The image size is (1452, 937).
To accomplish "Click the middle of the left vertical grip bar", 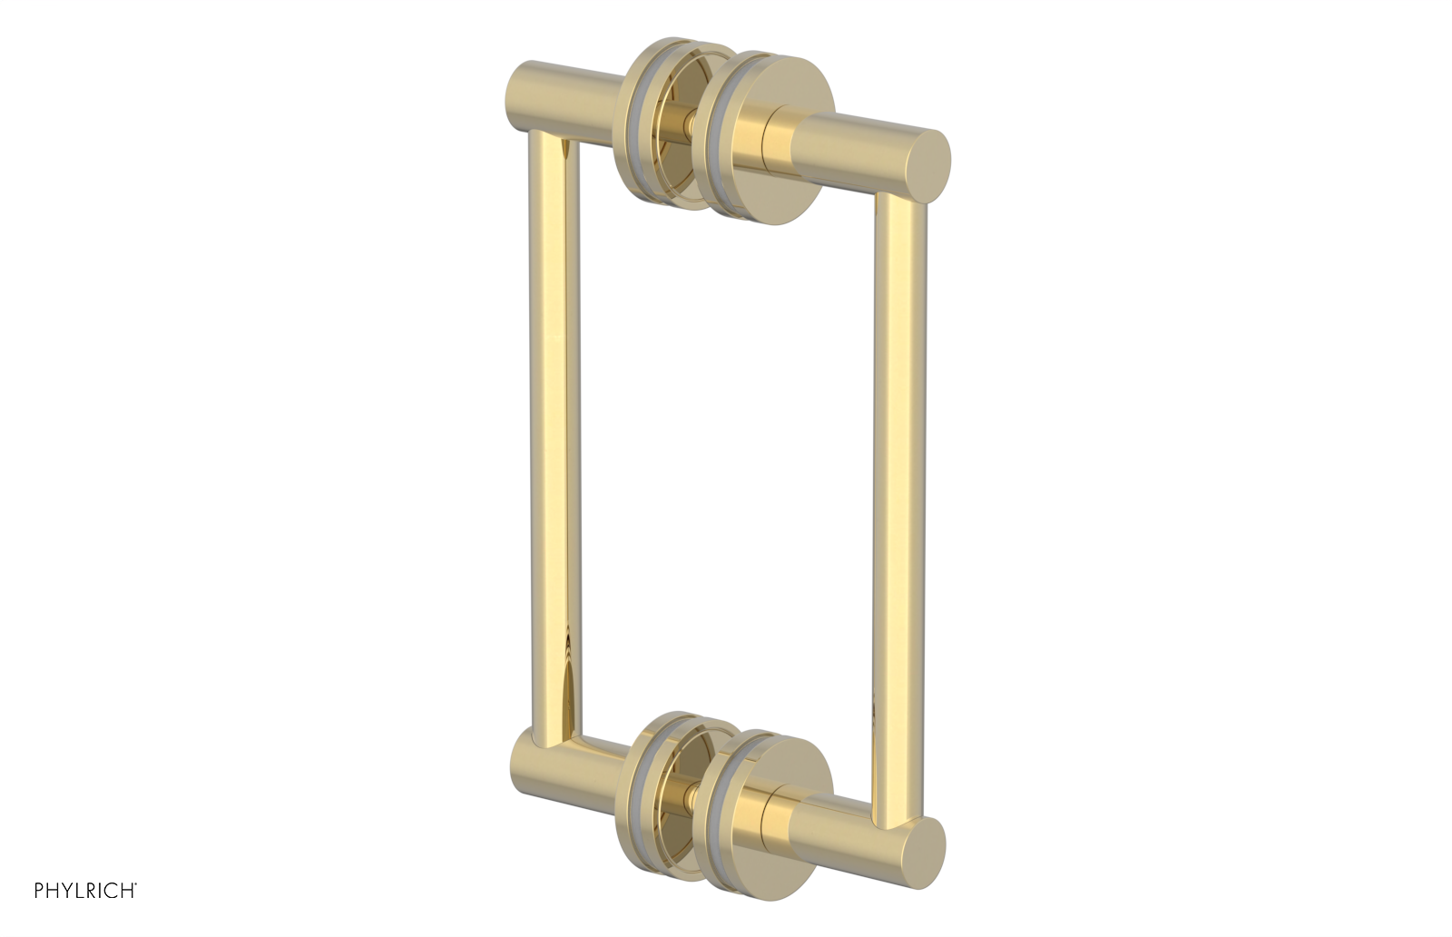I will pyautogui.click(x=552, y=436).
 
